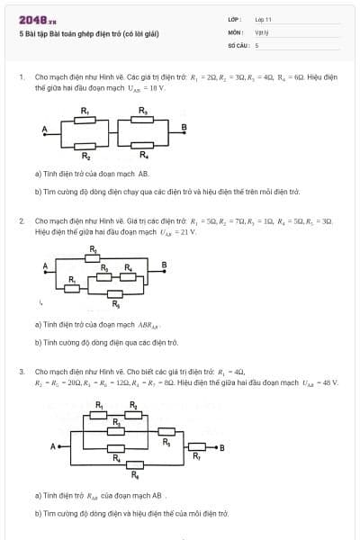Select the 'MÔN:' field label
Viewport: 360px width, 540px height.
[235, 31]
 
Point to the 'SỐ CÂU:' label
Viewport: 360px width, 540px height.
[238, 44]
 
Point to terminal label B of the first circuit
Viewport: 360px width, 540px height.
[184, 126]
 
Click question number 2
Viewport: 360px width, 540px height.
[22, 220]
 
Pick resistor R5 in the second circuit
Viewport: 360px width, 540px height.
[115, 293]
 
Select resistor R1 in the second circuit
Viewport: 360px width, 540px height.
[73, 285]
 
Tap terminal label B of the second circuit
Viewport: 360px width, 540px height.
[164, 264]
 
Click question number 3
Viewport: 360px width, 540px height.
[22, 371]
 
